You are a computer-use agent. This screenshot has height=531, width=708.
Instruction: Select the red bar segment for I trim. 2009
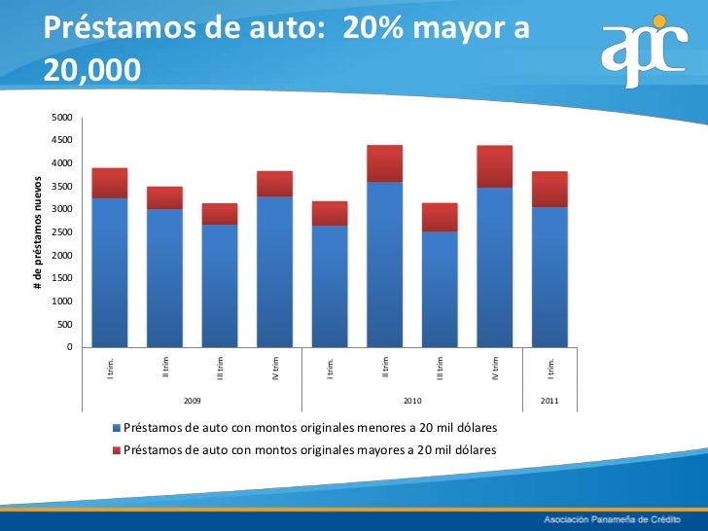[x=109, y=183]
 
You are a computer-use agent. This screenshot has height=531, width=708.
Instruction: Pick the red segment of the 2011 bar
[x=549, y=189]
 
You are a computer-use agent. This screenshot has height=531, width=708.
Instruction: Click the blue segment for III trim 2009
[x=219, y=286]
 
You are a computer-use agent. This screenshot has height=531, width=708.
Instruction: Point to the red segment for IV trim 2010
[x=494, y=166]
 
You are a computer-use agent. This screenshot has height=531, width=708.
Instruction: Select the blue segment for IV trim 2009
[x=274, y=272]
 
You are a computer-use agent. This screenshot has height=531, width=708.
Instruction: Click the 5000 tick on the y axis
[x=61, y=118]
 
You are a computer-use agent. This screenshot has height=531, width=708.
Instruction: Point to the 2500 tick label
[x=61, y=232]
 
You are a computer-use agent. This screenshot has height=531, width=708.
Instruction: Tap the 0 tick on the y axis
[x=69, y=347]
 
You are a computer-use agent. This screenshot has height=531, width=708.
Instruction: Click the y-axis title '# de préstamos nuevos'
[x=38, y=231]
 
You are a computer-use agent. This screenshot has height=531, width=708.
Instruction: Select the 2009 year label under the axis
[x=192, y=400]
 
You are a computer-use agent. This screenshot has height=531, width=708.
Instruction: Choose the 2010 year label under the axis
[x=411, y=400]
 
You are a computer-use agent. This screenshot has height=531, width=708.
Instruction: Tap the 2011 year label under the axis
[x=549, y=400]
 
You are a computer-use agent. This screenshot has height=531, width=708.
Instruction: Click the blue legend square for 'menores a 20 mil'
[x=119, y=429]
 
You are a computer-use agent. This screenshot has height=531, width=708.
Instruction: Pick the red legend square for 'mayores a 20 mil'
[x=119, y=450]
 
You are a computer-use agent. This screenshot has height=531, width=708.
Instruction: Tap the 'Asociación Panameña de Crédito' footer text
[x=613, y=516]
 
